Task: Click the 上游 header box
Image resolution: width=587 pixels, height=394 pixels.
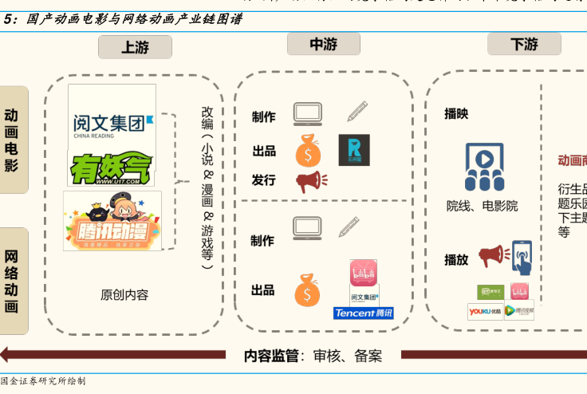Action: (x=135, y=47)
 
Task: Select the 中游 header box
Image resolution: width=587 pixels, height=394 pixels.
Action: (x=323, y=45)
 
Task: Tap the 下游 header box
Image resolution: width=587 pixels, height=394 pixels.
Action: (x=524, y=45)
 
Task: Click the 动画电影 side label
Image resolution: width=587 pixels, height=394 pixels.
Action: (x=12, y=140)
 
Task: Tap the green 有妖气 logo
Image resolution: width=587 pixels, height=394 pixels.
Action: (x=111, y=169)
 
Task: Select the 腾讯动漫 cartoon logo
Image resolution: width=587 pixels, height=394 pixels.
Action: (x=112, y=221)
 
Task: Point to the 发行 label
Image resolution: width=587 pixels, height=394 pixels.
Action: (x=264, y=180)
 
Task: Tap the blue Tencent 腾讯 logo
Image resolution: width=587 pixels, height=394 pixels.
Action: (x=363, y=313)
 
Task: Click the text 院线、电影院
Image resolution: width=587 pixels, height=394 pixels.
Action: (x=482, y=206)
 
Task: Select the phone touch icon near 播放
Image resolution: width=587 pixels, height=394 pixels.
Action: (x=522, y=258)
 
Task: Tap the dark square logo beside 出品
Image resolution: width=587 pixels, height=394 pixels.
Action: (x=354, y=149)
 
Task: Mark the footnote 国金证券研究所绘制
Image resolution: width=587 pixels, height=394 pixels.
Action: (x=44, y=381)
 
